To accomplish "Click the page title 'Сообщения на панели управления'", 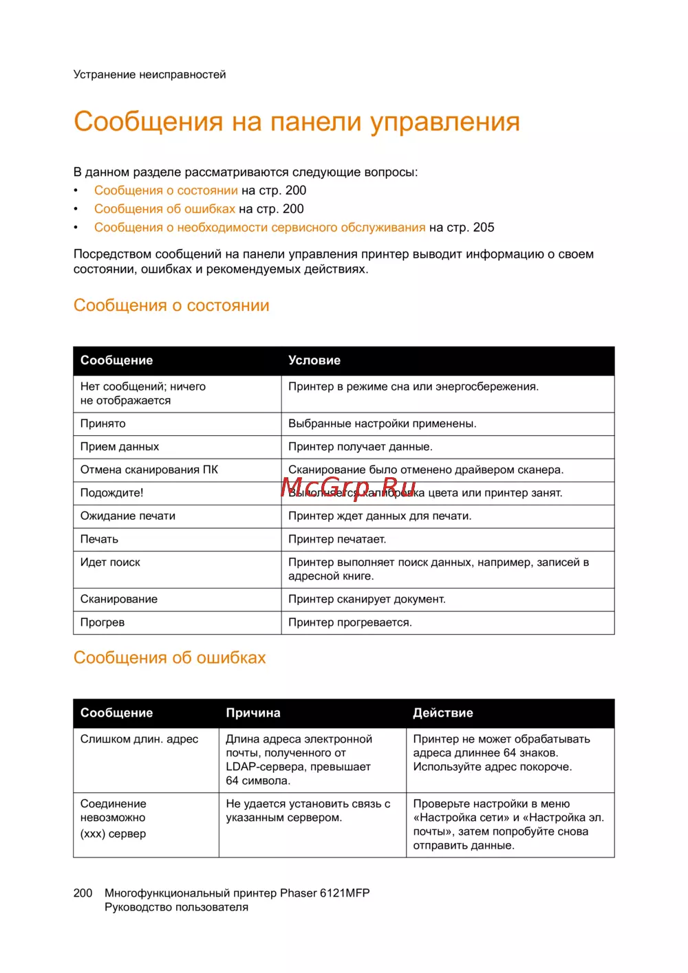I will (297, 122).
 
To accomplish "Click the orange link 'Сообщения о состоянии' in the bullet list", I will (166, 190).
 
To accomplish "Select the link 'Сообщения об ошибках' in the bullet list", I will (164, 209).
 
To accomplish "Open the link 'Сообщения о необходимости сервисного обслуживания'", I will (259, 228).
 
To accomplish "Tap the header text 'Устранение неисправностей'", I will (149, 74).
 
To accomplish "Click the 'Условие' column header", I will (314, 360).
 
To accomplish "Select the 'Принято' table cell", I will (103, 424).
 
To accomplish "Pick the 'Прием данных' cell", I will (120, 447).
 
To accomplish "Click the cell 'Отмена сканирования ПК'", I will (149, 470).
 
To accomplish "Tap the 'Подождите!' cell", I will (112, 493).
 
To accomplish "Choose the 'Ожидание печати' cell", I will (128, 516).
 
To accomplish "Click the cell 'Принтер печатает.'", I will (337, 539).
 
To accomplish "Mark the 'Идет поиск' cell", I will (110, 562).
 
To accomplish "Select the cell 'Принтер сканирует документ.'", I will (367, 600).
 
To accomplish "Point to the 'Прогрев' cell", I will (103, 622).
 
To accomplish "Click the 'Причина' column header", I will (253, 713).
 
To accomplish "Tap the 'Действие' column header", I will (443, 713).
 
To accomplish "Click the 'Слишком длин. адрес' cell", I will (139, 739).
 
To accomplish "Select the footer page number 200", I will (83, 893).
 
